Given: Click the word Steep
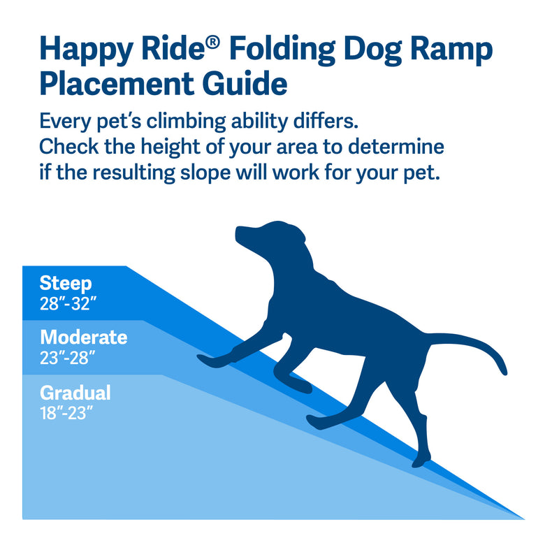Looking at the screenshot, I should [x=65, y=284].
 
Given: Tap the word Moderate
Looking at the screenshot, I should [x=83, y=337].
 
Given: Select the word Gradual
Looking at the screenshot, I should [x=75, y=393].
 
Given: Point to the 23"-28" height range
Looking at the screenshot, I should [x=67, y=358].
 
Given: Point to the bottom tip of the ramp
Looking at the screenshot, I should [x=523, y=518].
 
